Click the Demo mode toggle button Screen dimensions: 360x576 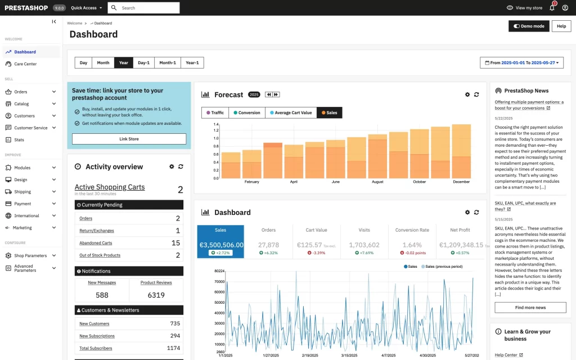[529, 26]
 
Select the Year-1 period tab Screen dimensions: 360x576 [192, 63]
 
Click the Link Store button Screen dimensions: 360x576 [129, 139]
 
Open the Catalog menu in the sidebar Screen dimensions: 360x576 [21, 103]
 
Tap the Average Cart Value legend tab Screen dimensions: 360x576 [291, 112]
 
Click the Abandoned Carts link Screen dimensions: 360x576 [96, 243]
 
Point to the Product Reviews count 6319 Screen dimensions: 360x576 [156, 295]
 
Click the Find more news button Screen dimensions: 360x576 [530, 308]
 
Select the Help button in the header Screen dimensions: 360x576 [561, 26]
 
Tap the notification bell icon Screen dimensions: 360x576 [552, 8]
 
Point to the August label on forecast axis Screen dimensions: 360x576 [377, 182]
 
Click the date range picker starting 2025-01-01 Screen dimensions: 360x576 [523, 63]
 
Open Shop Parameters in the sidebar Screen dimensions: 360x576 [30, 255]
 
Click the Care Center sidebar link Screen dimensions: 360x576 [25, 64]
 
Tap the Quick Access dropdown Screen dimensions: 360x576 [87, 8]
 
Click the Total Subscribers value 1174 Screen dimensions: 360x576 [173, 348]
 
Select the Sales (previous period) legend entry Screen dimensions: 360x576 [443, 266]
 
